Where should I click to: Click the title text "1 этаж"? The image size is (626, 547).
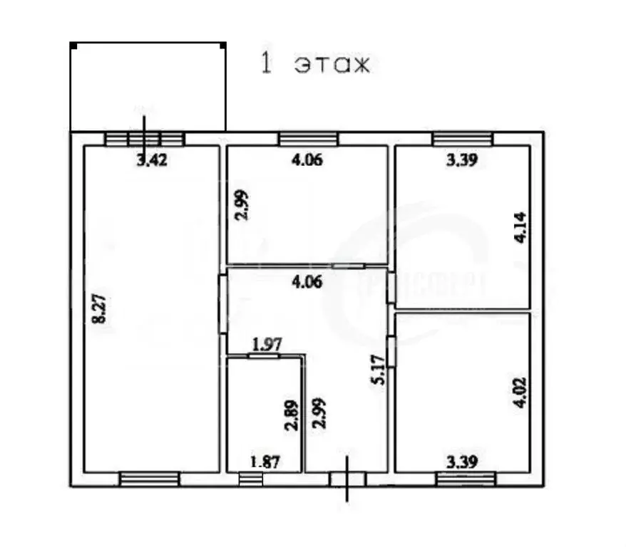coord(315,65)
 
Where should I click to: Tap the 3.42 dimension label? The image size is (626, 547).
coord(152,160)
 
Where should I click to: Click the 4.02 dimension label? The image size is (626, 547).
coord(520,392)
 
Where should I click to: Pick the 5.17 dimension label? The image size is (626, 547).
coord(378,370)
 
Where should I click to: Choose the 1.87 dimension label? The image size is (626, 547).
coord(265,461)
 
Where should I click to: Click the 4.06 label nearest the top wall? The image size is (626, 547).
coord(307,160)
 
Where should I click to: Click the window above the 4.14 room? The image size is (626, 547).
coord(462,138)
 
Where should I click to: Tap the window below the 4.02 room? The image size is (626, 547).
coord(464,479)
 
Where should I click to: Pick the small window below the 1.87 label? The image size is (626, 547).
coord(250,479)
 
